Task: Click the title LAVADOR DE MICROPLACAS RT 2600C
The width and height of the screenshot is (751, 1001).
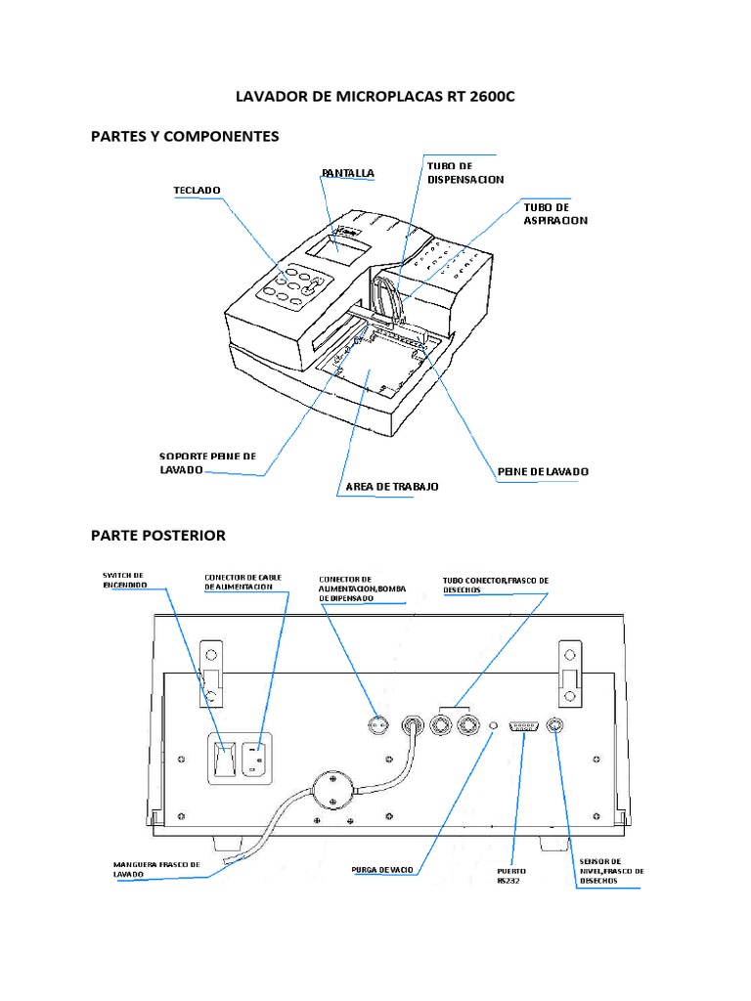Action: [x=375, y=98]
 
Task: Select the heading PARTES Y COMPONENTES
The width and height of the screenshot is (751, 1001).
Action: [x=185, y=136]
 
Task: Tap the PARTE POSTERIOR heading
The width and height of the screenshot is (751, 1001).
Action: [x=158, y=535]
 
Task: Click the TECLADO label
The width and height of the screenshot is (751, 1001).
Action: [x=198, y=189]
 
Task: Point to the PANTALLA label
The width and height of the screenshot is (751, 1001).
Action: [x=348, y=173]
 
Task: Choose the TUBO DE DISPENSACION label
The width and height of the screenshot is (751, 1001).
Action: [x=465, y=173]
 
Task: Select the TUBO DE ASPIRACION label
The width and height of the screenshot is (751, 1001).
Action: [x=555, y=214]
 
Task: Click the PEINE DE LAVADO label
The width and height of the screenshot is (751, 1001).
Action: [x=543, y=471]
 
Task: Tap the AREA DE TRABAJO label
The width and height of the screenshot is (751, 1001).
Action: [x=392, y=486]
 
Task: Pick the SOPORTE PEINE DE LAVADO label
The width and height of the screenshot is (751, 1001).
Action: [x=206, y=462]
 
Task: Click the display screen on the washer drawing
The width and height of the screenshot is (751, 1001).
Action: [x=336, y=244]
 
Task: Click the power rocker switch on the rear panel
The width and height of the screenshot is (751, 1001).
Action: [x=225, y=759]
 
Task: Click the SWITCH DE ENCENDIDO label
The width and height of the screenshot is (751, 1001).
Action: [x=125, y=579]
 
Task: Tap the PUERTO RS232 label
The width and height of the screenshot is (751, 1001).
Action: [x=511, y=874]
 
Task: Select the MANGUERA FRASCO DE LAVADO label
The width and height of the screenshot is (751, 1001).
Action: [x=156, y=869]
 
